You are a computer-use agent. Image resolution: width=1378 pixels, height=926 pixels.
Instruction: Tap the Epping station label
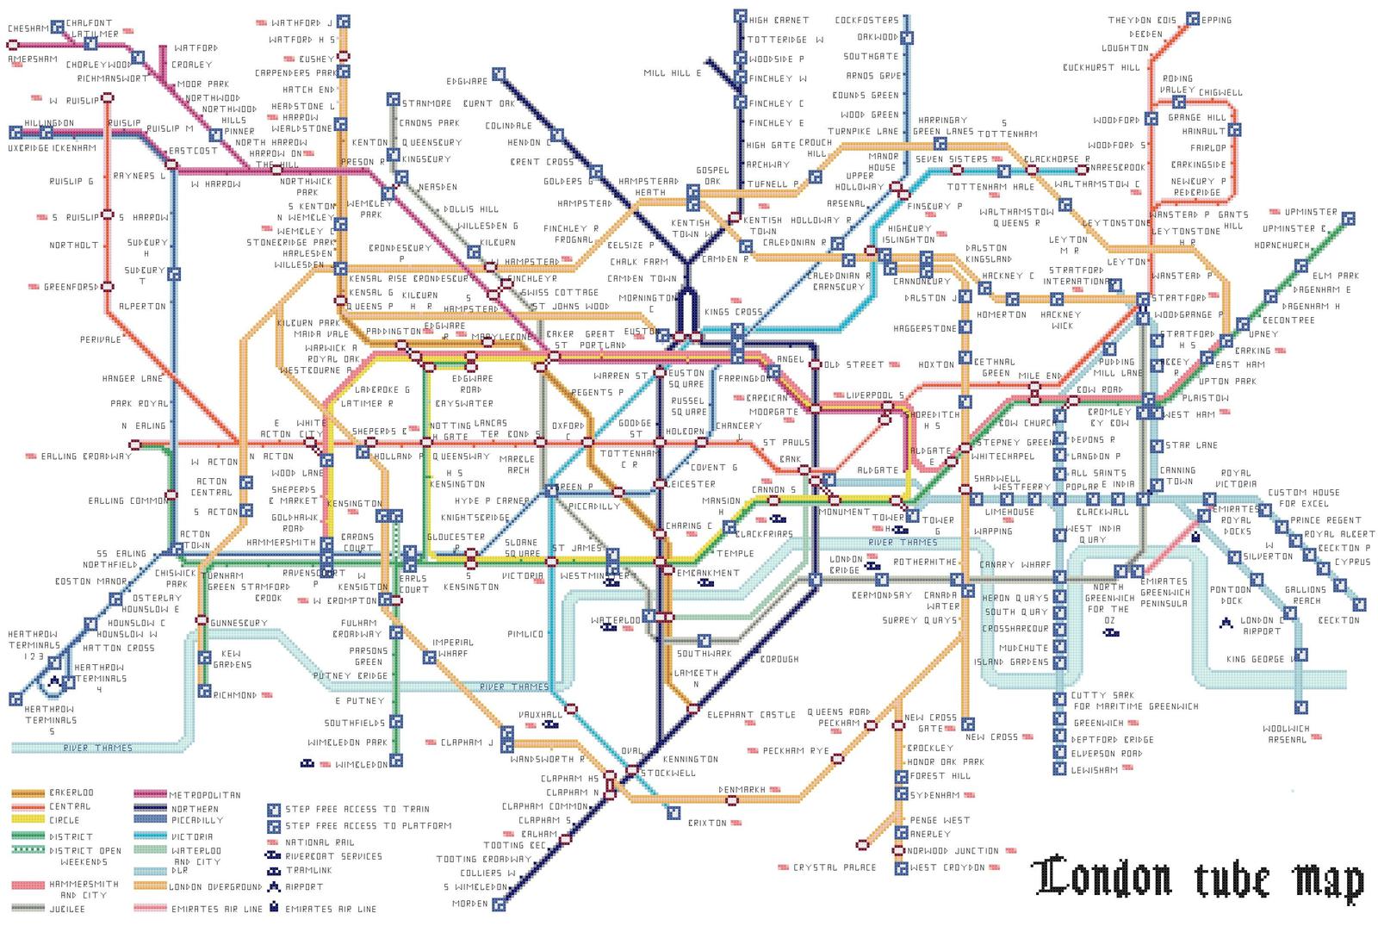pyautogui.click(x=1217, y=20)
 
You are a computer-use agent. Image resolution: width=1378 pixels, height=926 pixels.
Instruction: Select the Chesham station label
pyautogui.click(x=28, y=28)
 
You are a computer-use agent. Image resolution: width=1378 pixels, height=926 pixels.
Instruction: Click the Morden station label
pyautogui.click(x=470, y=904)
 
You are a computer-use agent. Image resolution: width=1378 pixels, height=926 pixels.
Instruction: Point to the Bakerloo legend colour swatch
pyautogui.click(x=28, y=792)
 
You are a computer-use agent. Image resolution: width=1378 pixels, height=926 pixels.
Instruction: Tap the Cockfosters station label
pyautogui.click(x=866, y=20)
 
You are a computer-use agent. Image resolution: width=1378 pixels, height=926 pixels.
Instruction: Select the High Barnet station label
pyautogui.click(x=779, y=20)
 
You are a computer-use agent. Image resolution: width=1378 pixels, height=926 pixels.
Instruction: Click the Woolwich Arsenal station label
pyautogui.click(x=1287, y=734)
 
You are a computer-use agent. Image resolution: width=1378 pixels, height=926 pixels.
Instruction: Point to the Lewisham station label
pyautogui.click(x=1095, y=770)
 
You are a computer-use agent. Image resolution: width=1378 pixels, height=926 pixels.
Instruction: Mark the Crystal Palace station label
pyautogui.click(x=834, y=867)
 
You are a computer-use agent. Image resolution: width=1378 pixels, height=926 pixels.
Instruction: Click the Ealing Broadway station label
pyautogui.click(x=87, y=456)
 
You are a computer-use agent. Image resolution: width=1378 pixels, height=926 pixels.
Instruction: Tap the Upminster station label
pyautogui.click(x=1311, y=212)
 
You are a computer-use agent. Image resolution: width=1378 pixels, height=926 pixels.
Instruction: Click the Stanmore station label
pyautogui.click(x=427, y=103)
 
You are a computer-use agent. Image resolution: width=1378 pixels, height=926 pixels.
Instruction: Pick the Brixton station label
pyautogui.click(x=707, y=823)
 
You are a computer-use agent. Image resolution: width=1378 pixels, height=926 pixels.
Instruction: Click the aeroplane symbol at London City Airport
pyautogui.click(x=1225, y=622)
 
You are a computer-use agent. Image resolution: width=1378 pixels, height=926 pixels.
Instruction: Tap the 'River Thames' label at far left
pyautogui.click(x=97, y=748)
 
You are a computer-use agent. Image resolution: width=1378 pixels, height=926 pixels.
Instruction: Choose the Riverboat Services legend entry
pyautogui.click(x=333, y=856)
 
